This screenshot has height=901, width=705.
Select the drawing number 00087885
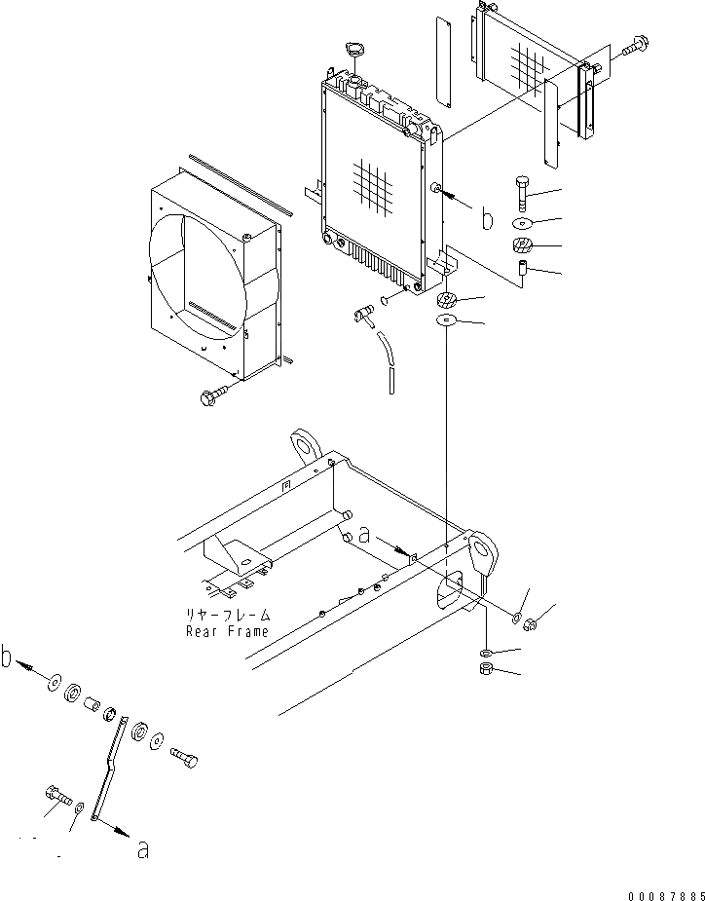[x=658, y=892]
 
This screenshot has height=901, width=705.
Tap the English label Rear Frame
[x=227, y=631]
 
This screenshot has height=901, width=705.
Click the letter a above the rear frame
[x=364, y=534]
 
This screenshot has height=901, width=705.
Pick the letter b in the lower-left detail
[x=9, y=659]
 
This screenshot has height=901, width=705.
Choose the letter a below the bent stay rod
[x=143, y=849]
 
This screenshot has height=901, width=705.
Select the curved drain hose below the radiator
[x=386, y=361]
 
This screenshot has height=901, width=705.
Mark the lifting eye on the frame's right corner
[x=482, y=556]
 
